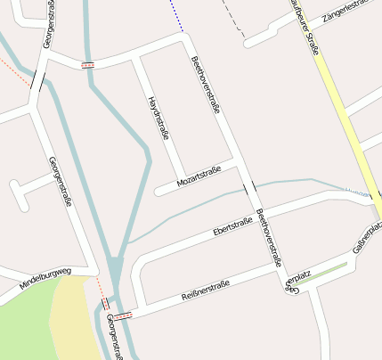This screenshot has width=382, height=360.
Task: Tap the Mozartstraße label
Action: click(199, 181)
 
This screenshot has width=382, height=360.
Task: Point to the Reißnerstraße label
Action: click(205, 290)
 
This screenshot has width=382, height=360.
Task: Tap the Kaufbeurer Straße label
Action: click(304, 27)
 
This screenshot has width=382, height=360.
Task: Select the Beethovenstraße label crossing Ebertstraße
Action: click(268, 238)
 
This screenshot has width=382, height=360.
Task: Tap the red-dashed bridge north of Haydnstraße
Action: click(88, 65)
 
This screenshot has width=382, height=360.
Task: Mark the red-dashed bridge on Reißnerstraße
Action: click(125, 315)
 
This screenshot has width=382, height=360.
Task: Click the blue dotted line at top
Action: click(177, 14)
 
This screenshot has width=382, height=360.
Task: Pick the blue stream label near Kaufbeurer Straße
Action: click(358, 191)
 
